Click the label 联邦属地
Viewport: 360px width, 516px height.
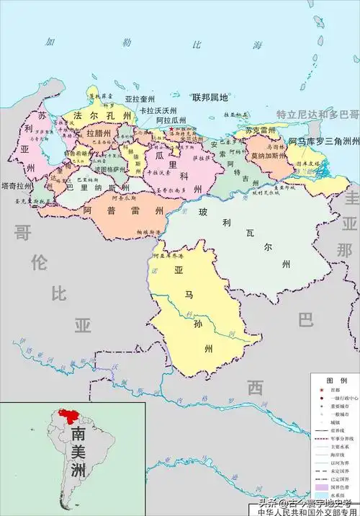(x=210, y=97)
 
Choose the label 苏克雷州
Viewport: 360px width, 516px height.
(x=260, y=130)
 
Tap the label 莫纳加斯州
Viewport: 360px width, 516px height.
(x=266, y=156)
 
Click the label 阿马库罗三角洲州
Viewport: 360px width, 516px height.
(x=323, y=141)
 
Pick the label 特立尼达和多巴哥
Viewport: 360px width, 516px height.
(x=318, y=115)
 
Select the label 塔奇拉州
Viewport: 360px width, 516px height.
(x=16, y=185)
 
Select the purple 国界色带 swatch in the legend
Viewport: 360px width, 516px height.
(x=320, y=488)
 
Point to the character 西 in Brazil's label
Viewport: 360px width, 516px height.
(x=256, y=388)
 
